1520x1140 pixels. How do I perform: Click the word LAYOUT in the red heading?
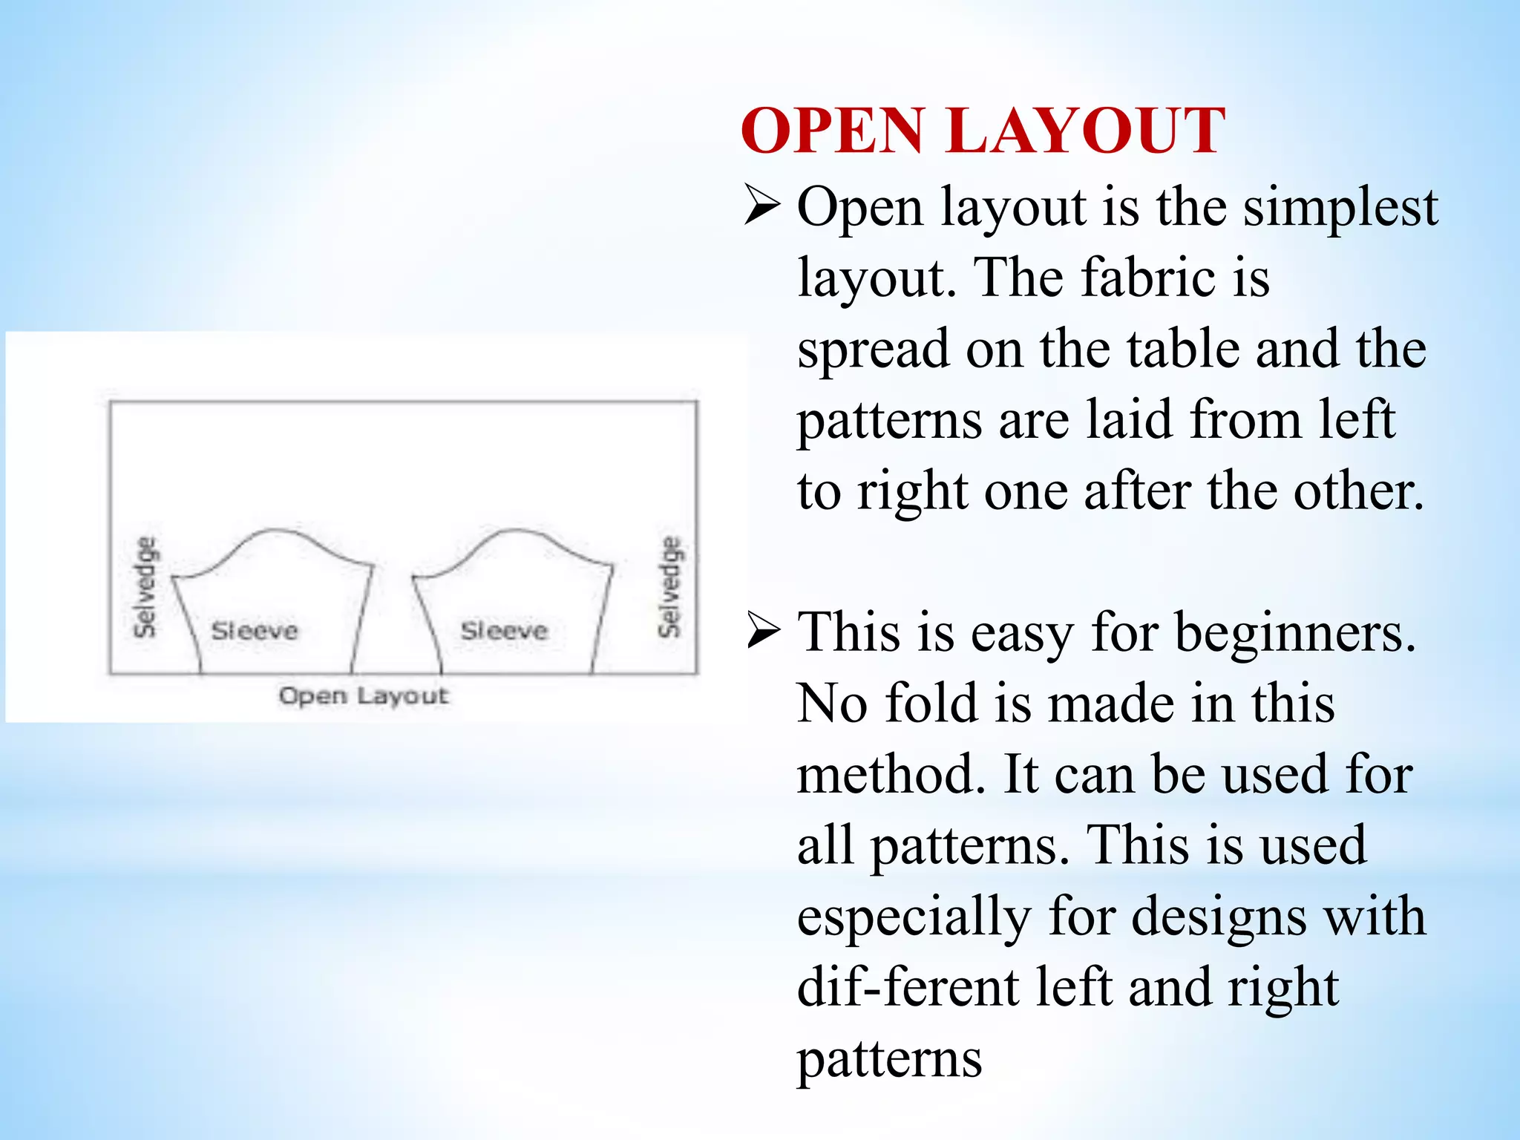1086,131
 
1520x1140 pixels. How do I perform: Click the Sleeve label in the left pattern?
254,631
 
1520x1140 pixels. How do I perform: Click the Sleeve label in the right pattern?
503,631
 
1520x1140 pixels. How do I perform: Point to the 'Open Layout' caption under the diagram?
363,696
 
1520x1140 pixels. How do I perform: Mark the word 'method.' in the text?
891,774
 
